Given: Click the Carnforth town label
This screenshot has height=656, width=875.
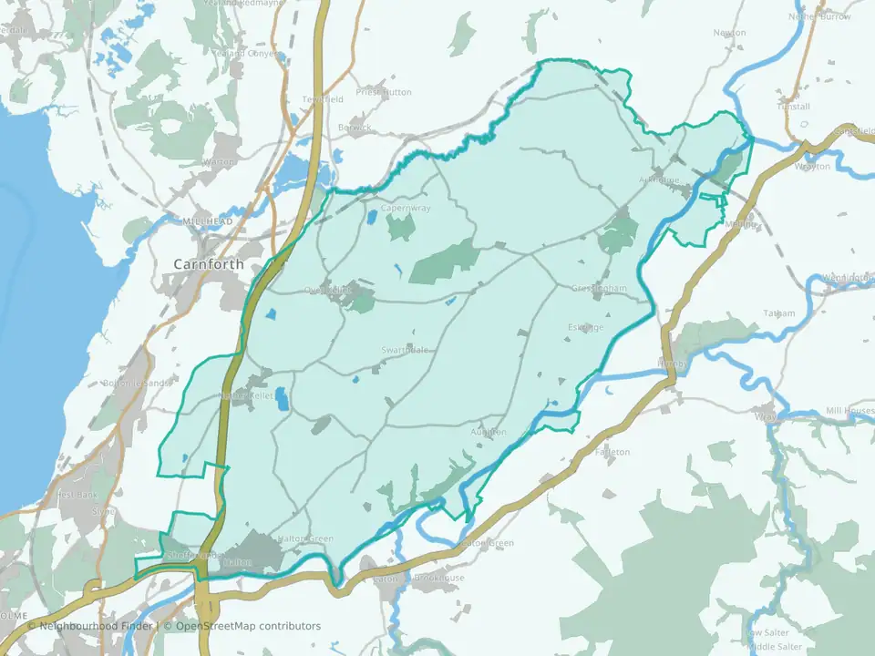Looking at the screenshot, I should pos(209,264).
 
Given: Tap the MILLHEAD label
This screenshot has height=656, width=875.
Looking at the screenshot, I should pos(208,221).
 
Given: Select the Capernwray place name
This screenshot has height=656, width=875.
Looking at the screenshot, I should pos(405,208).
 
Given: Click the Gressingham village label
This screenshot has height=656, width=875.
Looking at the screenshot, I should pos(599,289).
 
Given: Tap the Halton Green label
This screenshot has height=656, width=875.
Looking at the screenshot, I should pos(305,538).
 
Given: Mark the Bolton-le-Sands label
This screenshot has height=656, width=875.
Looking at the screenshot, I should pos(137,383).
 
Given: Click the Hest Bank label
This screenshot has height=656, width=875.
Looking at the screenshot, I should pos(77,495).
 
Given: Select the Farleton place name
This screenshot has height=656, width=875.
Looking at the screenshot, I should pos(612,452).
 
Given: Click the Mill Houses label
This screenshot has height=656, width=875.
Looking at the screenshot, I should pos(849,411).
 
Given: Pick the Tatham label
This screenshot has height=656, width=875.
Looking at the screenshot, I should pos(778,313).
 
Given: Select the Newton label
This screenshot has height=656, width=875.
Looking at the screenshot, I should pos(729,33).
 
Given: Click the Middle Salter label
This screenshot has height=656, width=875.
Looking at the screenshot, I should pos(775,646).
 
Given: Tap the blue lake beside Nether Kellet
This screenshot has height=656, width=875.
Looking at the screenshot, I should pos(282,398).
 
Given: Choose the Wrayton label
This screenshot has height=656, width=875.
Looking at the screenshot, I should pos(812,167).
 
